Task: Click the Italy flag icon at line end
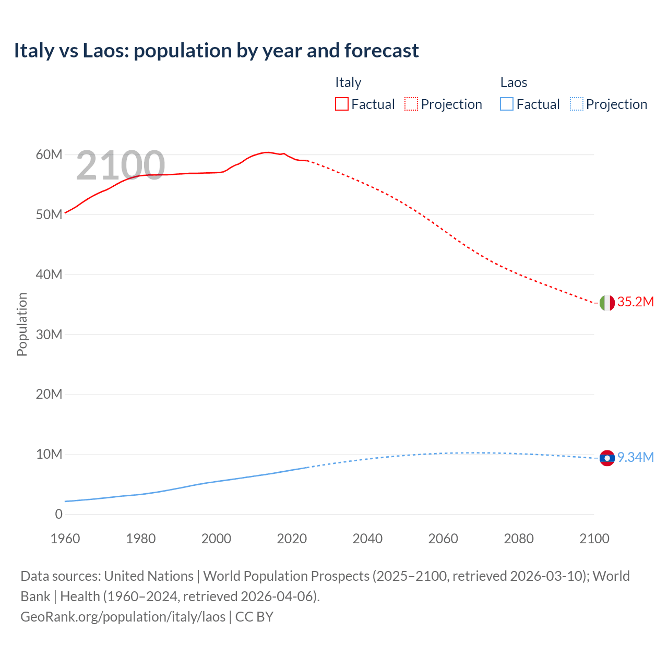point(607,303)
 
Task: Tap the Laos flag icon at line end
point(607,458)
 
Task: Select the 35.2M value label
point(635,302)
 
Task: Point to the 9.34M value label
point(635,458)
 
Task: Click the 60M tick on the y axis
point(49,155)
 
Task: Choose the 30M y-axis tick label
point(49,335)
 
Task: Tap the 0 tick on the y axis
point(58,515)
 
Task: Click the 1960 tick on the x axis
point(65,539)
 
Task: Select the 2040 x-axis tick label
point(367,539)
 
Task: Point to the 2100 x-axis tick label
point(594,539)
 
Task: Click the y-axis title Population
point(22,324)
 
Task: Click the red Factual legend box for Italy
point(341,104)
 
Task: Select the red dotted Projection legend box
point(411,104)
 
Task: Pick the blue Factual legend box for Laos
point(507,104)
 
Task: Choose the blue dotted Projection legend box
point(577,104)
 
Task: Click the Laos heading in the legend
point(514,82)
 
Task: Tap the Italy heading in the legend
point(348,82)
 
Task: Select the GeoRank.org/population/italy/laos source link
point(123,617)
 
